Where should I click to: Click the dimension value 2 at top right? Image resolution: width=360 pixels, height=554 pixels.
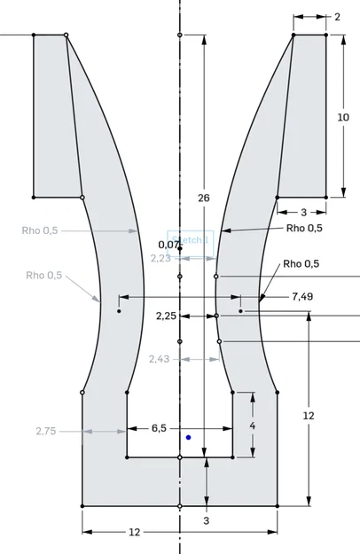click(x=337, y=16)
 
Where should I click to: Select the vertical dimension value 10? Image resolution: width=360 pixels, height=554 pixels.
click(x=343, y=117)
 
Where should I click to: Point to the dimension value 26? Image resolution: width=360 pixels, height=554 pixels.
click(x=204, y=198)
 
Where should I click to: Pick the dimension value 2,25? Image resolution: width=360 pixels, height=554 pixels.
click(x=167, y=316)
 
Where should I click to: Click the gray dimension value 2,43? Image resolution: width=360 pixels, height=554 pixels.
click(x=160, y=359)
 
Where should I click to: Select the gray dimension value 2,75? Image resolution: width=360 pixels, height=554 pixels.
click(x=46, y=431)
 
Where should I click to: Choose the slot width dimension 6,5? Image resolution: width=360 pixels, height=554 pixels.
click(x=159, y=428)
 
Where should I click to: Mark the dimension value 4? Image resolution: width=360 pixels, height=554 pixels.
click(x=253, y=426)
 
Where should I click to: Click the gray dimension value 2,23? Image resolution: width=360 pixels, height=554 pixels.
click(x=160, y=258)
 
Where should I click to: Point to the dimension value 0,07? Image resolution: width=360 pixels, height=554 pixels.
click(x=168, y=244)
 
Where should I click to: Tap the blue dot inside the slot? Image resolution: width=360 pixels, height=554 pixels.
click(x=188, y=437)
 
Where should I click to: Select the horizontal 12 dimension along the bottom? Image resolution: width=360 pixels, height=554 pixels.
click(x=135, y=532)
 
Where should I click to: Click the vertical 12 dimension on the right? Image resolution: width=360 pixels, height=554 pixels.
click(x=309, y=416)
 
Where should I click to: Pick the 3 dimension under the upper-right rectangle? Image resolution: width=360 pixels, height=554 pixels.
click(x=302, y=212)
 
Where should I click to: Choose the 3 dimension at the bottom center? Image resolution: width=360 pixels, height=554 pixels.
click(x=207, y=520)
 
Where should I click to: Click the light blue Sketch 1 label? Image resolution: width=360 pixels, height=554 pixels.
click(x=195, y=240)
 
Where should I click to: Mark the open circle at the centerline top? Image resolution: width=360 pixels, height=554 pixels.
click(x=180, y=35)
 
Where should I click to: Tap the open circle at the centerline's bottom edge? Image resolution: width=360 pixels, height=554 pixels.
click(x=180, y=505)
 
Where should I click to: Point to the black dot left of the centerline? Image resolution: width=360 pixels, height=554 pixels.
click(x=119, y=311)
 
